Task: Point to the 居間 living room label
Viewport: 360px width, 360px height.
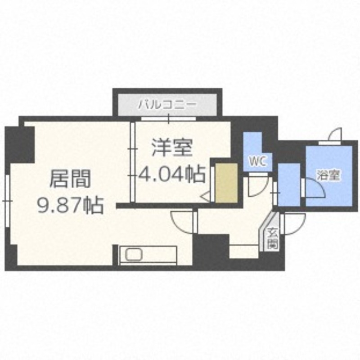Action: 69,179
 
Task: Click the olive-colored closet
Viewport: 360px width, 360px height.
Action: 226,183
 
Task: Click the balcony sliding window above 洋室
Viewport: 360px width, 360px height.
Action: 168,119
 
